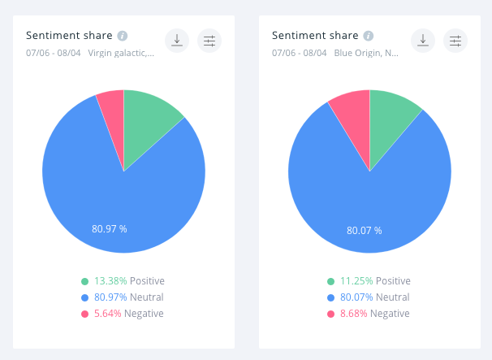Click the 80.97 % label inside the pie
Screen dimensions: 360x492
[109, 228]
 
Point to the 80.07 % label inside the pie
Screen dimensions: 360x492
[364, 230]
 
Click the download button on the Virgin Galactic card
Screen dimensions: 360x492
[177, 41]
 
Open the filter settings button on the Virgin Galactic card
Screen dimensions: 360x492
[209, 41]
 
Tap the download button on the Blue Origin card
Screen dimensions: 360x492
[423, 41]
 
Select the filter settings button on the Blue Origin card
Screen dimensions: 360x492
[455, 41]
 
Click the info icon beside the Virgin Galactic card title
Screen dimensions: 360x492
[123, 36]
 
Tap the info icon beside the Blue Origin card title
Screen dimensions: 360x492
[369, 36]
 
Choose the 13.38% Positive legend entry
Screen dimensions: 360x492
[123, 281]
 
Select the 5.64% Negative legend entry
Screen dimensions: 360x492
[123, 314]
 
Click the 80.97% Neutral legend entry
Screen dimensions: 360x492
[123, 297]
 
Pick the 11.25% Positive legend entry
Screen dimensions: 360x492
[369, 281]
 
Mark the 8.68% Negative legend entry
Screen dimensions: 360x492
[369, 314]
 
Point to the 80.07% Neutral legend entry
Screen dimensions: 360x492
[369, 297]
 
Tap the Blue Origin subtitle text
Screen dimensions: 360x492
[366, 53]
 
